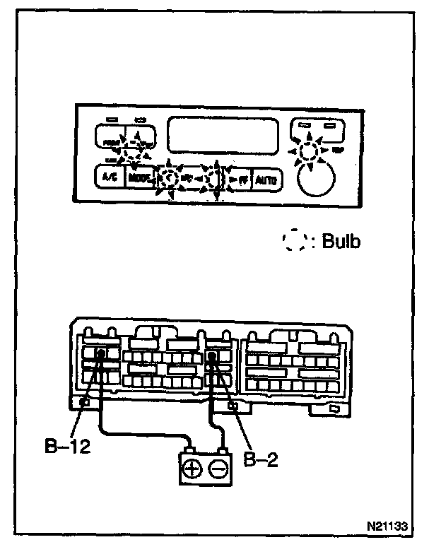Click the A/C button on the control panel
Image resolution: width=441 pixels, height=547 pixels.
(x=110, y=177)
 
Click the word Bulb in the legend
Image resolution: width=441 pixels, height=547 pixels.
(x=341, y=242)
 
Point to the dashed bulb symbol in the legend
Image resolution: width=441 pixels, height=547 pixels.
(x=294, y=242)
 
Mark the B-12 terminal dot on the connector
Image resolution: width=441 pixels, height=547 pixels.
(x=101, y=355)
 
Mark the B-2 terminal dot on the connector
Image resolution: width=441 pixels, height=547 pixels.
(x=211, y=358)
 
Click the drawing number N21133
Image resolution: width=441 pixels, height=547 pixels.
(x=388, y=527)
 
